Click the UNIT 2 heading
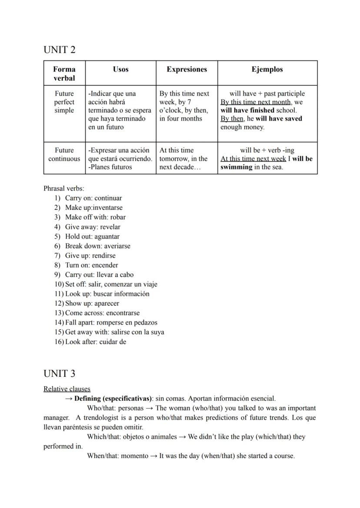tap(59, 50)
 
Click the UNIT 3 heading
tap(59, 374)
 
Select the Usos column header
tap(120, 69)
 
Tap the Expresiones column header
tap(187, 69)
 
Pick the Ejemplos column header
tap(267, 69)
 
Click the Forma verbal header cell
tap(64, 73)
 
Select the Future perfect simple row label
tap(64, 102)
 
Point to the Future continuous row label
tap(64, 154)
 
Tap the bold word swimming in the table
tap(236, 167)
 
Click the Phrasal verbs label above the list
tap(64, 189)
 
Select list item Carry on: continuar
tap(93, 198)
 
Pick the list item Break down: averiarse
tap(97, 246)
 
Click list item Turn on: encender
tap(91, 265)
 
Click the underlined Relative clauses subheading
tap(67, 389)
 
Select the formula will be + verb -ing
tap(267, 150)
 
